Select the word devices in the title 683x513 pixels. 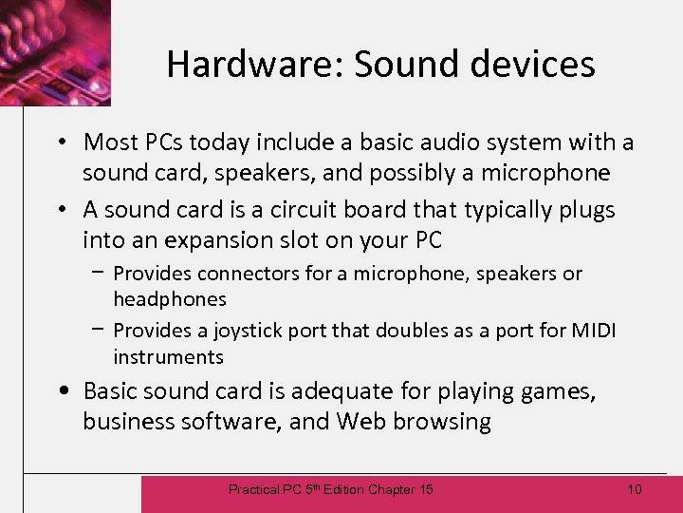coord(537,65)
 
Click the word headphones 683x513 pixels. coord(170,299)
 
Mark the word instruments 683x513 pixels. coord(168,357)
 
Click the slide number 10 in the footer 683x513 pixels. coord(635,489)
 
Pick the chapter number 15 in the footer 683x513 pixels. coord(425,489)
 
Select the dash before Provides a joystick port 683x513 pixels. coord(100,330)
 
